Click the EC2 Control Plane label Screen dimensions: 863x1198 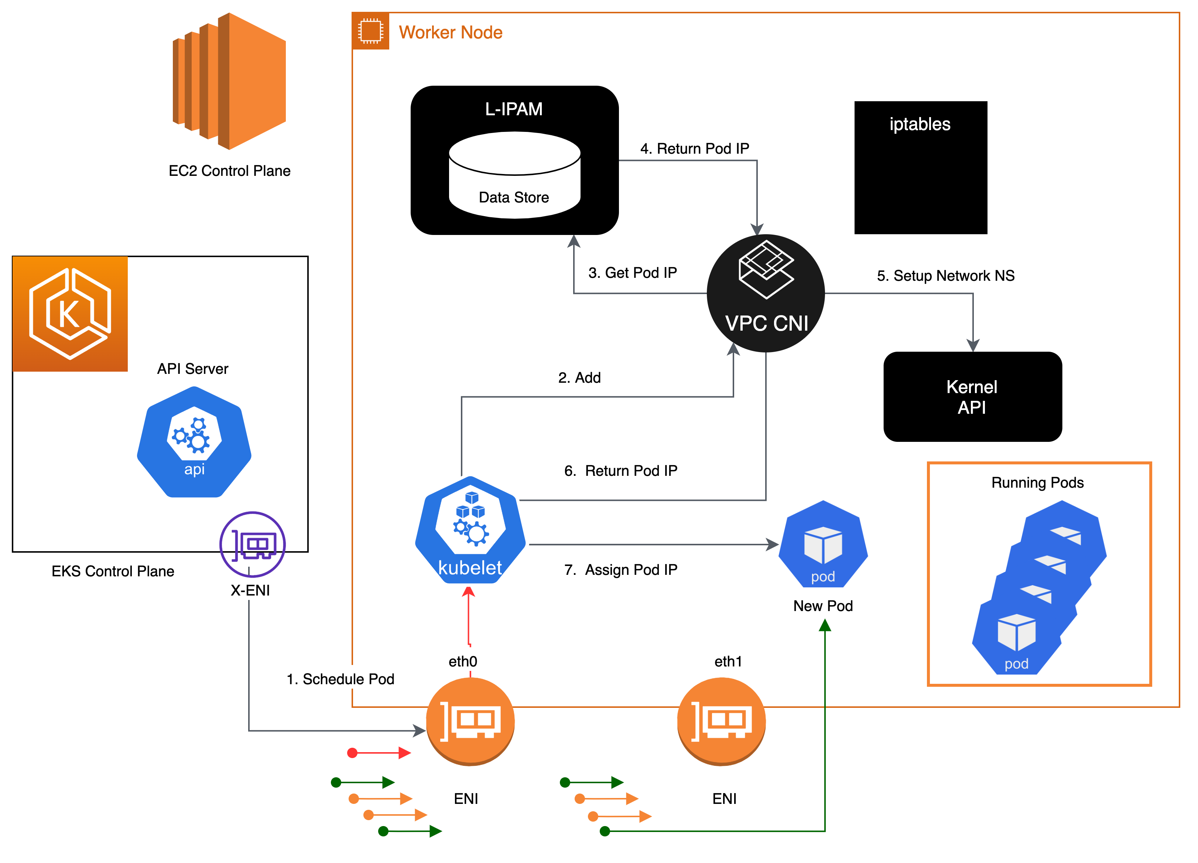click(x=229, y=170)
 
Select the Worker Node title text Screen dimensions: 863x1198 click(x=450, y=32)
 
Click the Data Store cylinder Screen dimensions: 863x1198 click(x=514, y=175)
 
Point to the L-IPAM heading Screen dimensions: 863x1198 click(x=513, y=109)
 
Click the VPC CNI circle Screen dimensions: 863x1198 click(x=766, y=294)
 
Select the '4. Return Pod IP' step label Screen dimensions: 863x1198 click(x=695, y=148)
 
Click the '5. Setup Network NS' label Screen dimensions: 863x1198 click(x=945, y=275)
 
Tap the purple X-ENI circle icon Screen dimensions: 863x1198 click(x=253, y=544)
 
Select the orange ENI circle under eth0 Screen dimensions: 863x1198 click(x=470, y=722)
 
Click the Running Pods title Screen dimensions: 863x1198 click(x=1037, y=482)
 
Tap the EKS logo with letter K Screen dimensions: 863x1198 click(x=70, y=314)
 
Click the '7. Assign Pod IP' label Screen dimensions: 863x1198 click(x=621, y=569)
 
